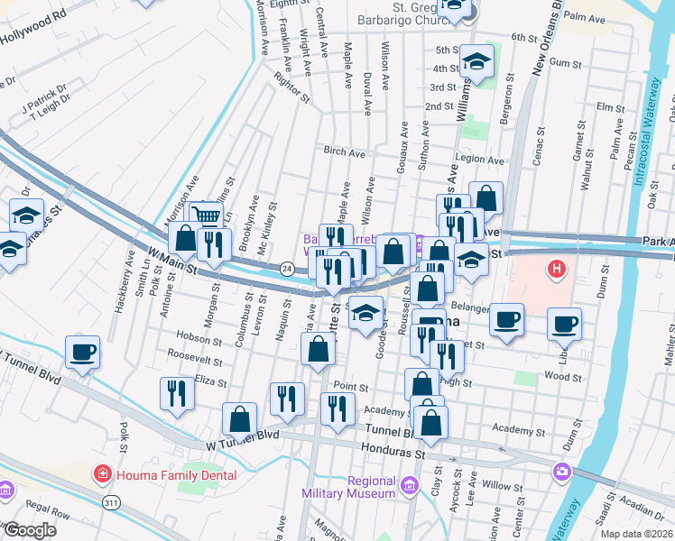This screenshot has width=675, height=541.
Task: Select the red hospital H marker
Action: [x=558, y=269]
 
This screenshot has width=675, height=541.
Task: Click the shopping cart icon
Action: [x=208, y=216]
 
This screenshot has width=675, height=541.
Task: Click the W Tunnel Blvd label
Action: [x=239, y=445]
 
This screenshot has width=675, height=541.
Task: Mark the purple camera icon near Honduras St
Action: [x=562, y=471]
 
